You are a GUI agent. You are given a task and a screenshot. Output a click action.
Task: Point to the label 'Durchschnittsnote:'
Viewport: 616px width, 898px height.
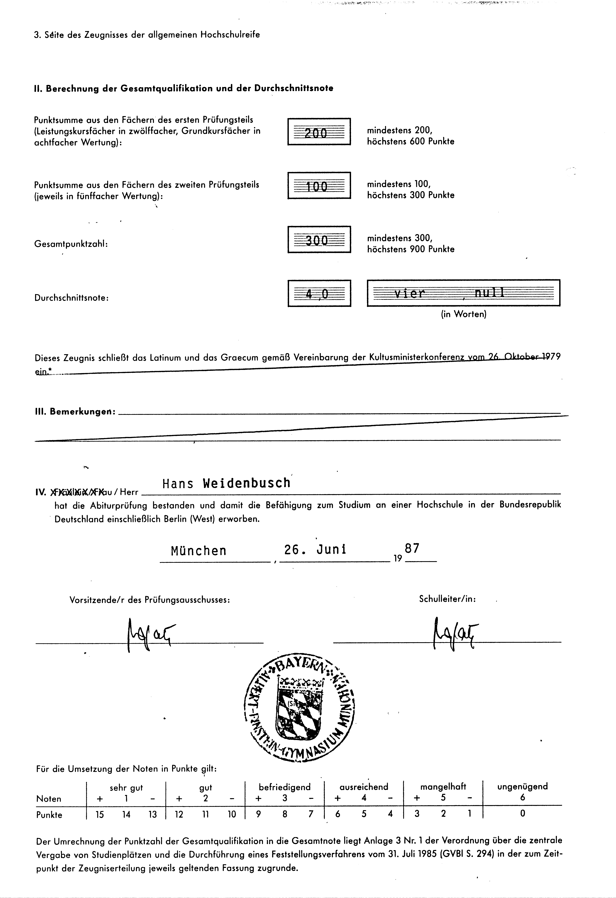click(x=71, y=298)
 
